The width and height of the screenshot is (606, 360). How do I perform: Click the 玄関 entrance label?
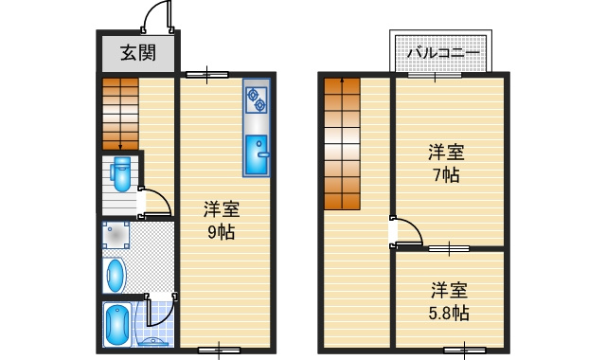pos(138,53)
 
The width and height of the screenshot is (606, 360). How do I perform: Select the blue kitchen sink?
pos(256,156)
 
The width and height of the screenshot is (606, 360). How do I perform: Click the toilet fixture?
pos(120,176)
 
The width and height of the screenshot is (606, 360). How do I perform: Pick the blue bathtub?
pos(116,326)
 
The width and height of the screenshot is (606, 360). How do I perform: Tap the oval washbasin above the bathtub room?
pos(115,276)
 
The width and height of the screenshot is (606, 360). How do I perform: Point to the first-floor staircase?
pos(120,112)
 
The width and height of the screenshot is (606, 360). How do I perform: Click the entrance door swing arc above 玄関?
pos(156,16)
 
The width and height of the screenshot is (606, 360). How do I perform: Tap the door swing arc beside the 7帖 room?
pos(407,231)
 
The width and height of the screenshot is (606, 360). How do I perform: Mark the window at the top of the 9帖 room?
pos(206,74)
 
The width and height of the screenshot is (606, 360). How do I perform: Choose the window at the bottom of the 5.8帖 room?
pos(464,351)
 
